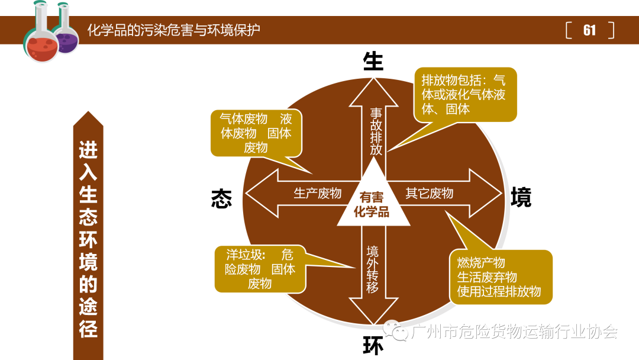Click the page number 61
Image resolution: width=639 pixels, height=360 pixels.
[589, 30]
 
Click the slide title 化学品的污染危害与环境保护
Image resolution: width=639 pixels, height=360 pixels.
[173, 30]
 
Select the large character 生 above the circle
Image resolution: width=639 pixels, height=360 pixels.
[373, 61]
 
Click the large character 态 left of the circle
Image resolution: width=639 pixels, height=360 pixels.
[221, 198]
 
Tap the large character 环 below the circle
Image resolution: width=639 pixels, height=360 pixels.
[373, 346]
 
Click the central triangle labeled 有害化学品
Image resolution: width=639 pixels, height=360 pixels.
[373, 204]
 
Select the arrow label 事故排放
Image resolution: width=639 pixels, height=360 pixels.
[376, 131]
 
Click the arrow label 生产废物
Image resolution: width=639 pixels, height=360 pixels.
[318, 194]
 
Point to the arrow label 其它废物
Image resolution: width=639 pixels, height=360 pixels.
[430, 194]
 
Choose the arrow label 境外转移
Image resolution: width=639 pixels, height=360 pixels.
[373, 269]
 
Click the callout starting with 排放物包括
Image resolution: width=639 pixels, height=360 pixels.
[464, 94]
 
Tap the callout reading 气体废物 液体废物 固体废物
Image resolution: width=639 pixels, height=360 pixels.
[256, 133]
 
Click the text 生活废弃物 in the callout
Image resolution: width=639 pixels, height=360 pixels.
[487, 277]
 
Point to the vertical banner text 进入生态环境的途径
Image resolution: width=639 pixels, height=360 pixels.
[88, 240]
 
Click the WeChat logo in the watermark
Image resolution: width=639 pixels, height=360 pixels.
[395, 330]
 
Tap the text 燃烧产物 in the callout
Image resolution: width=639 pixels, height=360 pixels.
[481, 263]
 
